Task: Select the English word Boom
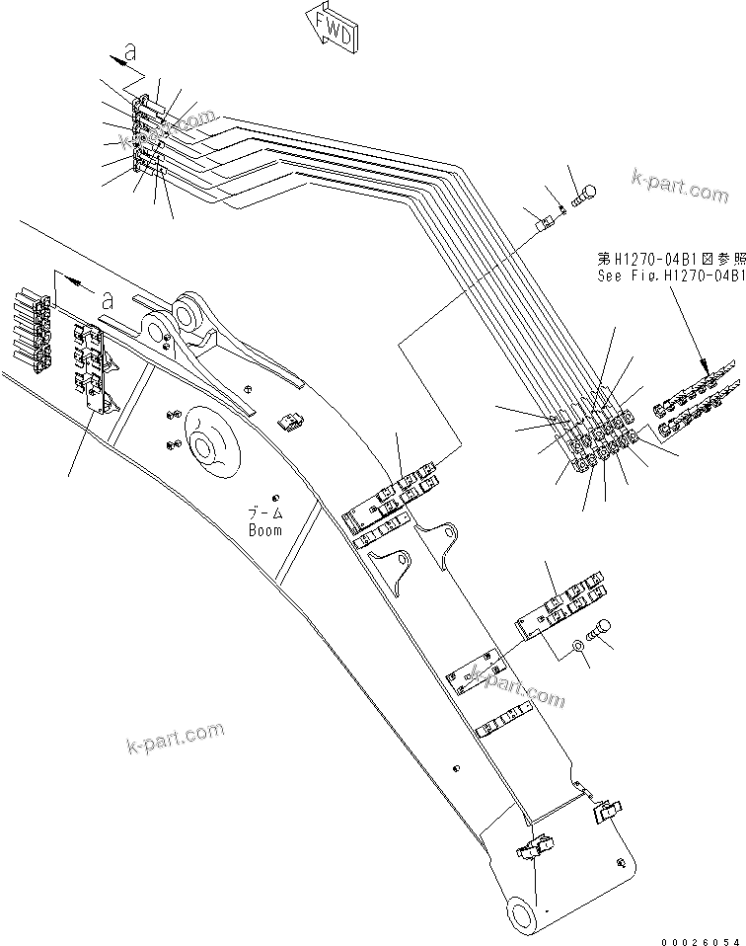click(264, 529)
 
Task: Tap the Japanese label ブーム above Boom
click(264, 514)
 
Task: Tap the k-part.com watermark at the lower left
click(175, 737)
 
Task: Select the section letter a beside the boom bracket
click(106, 296)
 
